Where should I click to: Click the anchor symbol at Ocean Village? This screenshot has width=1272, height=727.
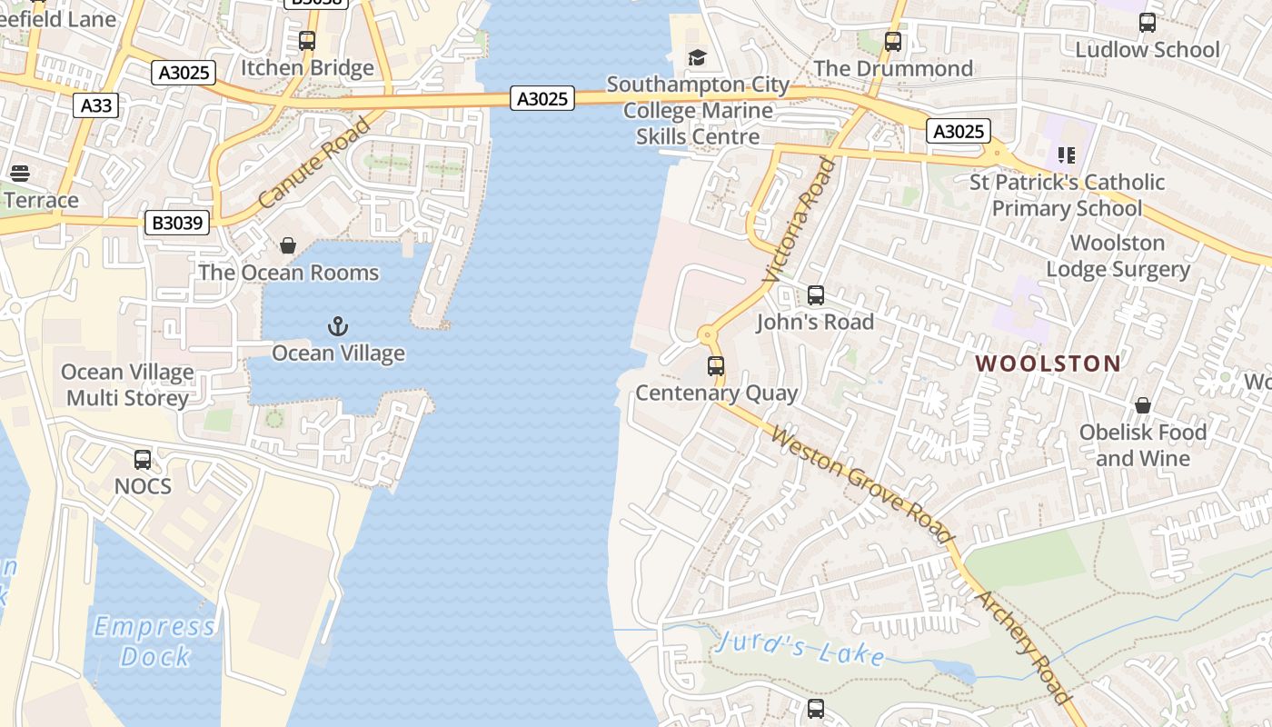click(x=338, y=325)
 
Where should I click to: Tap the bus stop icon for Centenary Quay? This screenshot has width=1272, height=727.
click(x=716, y=366)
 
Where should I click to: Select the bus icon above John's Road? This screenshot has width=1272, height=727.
click(x=816, y=295)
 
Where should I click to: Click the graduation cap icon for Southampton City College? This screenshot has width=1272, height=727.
click(x=697, y=58)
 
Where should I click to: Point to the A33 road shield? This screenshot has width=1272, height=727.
click(x=96, y=105)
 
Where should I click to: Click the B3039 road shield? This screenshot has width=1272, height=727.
click(x=177, y=223)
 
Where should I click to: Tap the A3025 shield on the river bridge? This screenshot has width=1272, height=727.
click(x=542, y=99)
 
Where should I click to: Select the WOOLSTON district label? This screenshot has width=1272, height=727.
click(x=1048, y=363)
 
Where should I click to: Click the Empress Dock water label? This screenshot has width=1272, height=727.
click(x=155, y=642)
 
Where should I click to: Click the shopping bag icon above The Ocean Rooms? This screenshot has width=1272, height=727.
click(x=288, y=245)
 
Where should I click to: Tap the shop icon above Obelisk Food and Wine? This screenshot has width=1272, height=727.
click(x=1142, y=405)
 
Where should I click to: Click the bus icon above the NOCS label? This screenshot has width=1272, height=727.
click(x=143, y=460)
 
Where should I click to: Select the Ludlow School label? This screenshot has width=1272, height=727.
click(x=1147, y=50)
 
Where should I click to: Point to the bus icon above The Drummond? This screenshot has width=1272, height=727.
click(x=893, y=42)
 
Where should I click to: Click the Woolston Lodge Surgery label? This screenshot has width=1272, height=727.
click(x=1118, y=256)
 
